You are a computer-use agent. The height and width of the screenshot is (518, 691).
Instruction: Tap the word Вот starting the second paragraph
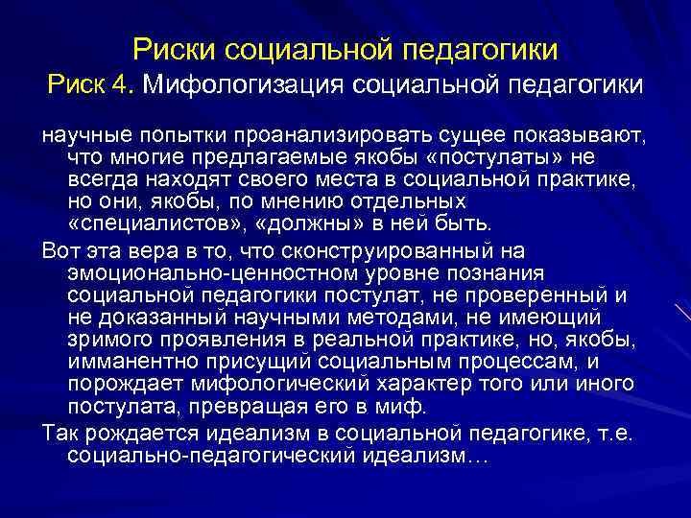tap(60, 251)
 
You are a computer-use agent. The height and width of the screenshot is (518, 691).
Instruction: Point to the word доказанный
tap(147, 318)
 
